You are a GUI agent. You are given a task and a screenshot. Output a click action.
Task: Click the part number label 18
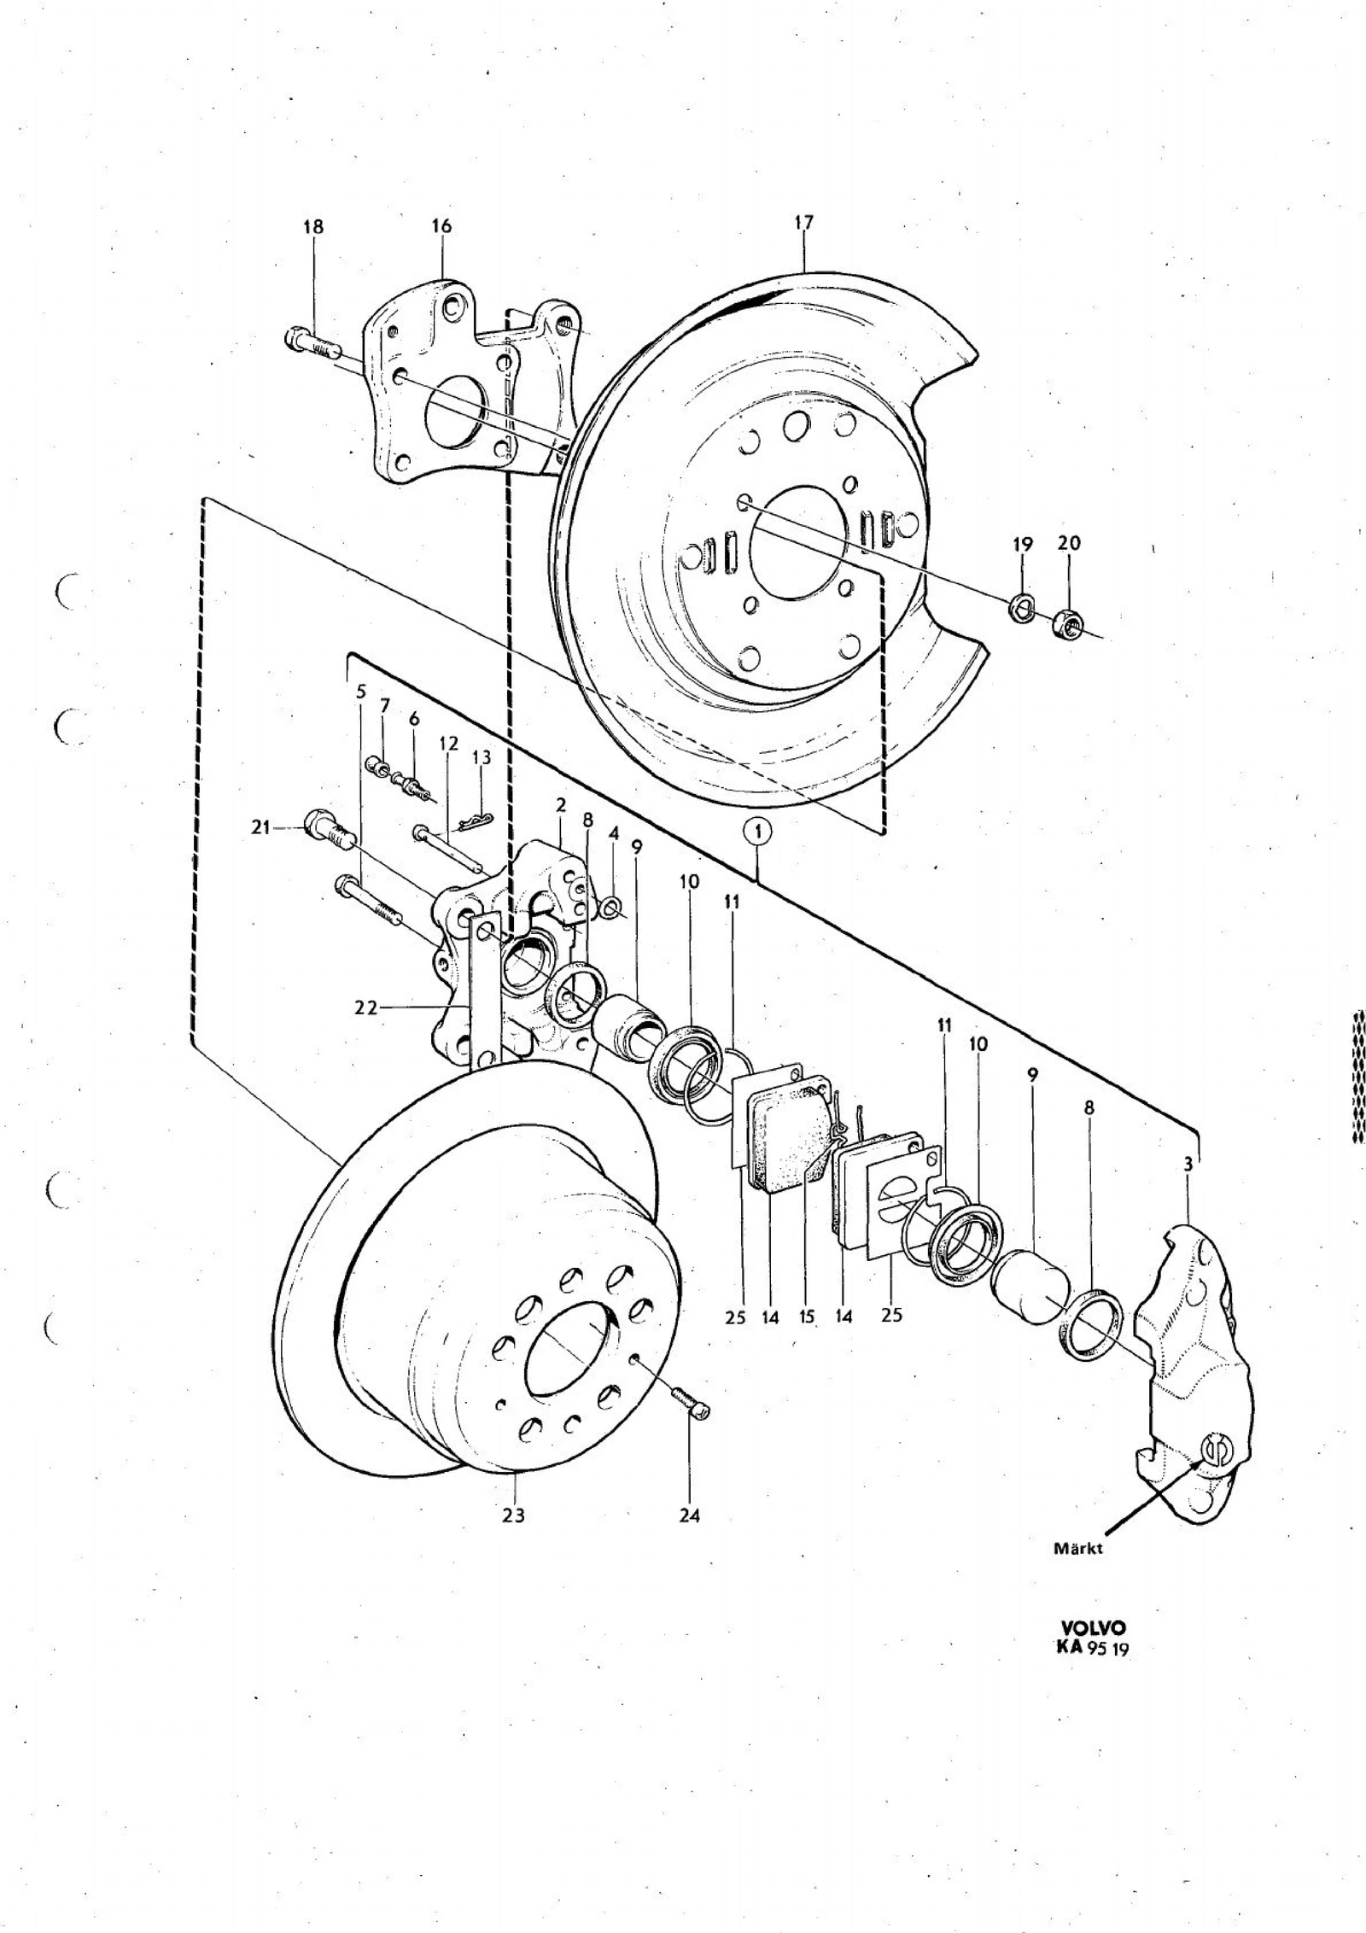click(x=313, y=227)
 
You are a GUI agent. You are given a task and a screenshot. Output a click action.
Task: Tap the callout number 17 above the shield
click(x=803, y=222)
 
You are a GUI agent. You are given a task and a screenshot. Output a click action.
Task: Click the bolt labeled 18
click(x=311, y=345)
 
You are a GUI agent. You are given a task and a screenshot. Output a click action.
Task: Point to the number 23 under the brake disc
click(x=513, y=1515)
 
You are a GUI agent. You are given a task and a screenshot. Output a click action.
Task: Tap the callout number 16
click(x=441, y=226)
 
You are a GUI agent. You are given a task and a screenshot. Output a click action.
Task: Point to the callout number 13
click(x=482, y=757)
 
